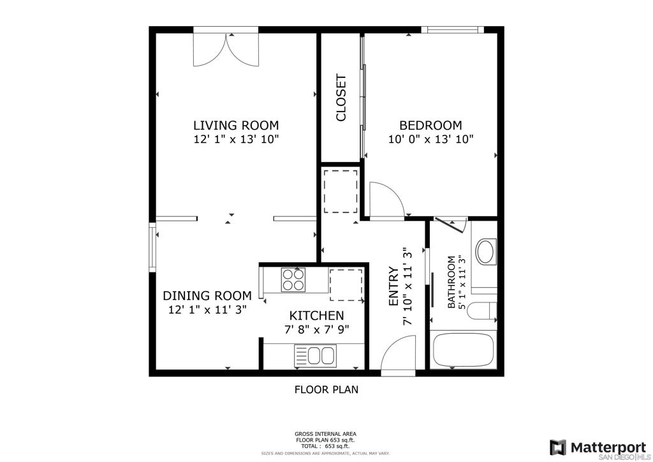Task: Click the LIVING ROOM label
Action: [x=236, y=126]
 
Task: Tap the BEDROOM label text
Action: [x=430, y=126]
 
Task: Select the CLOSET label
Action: [x=341, y=98]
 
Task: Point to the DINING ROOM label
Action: [x=207, y=296]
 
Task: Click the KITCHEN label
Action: [x=316, y=315]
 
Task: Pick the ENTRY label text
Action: [x=393, y=287]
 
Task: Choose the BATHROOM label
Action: [x=451, y=282]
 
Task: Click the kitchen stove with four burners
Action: [x=293, y=279]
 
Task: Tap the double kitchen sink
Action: [x=315, y=355]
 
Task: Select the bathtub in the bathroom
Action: [x=463, y=350]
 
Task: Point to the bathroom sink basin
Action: [x=485, y=251]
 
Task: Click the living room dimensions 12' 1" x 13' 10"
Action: [x=236, y=139]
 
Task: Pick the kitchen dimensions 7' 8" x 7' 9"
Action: [x=316, y=329]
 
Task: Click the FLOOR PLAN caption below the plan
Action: [x=326, y=389]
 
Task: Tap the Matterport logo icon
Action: [x=557, y=447]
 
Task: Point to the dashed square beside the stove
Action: [x=346, y=285]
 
